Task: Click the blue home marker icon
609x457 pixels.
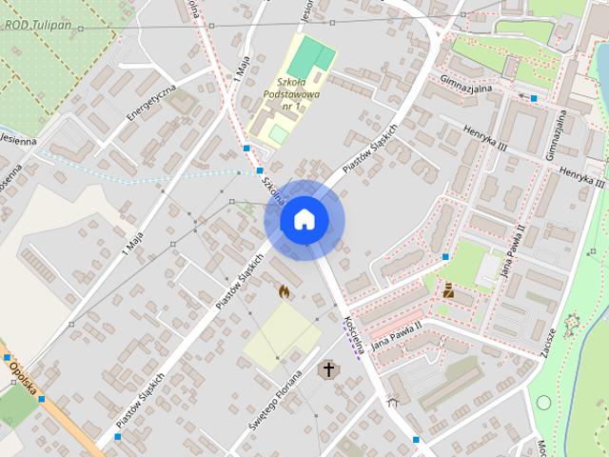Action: tap(304, 220)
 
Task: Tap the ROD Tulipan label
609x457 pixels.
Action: tap(39, 23)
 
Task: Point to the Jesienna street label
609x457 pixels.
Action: tap(17, 140)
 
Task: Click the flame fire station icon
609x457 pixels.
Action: tap(284, 291)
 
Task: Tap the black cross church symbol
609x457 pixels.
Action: tap(329, 368)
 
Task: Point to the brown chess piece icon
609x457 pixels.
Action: tap(448, 289)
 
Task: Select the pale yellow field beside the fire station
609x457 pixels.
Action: tap(282, 336)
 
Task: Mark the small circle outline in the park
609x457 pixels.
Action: tap(543, 402)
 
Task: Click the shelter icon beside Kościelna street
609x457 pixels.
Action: tap(392, 404)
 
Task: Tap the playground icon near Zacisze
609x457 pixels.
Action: tap(572, 324)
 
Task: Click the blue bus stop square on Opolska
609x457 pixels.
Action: tap(41, 399)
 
